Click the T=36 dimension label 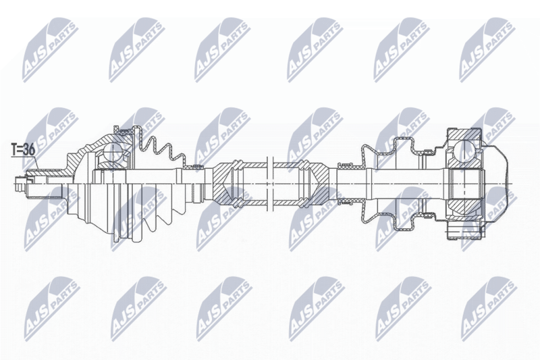click(24, 150)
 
